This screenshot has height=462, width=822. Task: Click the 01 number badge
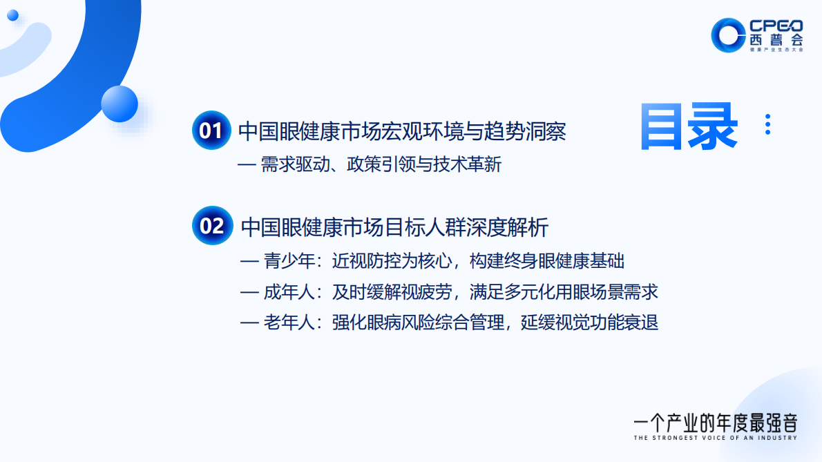(210, 130)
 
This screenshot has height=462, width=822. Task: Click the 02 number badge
(211, 225)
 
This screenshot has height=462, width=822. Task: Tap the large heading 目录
(688, 127)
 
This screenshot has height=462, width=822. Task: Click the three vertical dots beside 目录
(767, 124)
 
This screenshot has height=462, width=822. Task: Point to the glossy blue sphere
(120, 104)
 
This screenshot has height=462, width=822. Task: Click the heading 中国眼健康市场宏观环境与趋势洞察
(402, 131)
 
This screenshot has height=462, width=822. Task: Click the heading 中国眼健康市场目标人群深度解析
(395, 227)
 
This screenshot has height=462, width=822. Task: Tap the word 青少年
(289, 261)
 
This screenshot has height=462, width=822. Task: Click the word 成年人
(289, 292)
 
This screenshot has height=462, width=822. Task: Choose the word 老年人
(289, 323)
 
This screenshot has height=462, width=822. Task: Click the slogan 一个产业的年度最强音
(715, 421)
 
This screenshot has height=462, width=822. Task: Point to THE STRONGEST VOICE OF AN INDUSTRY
(715, 438)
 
